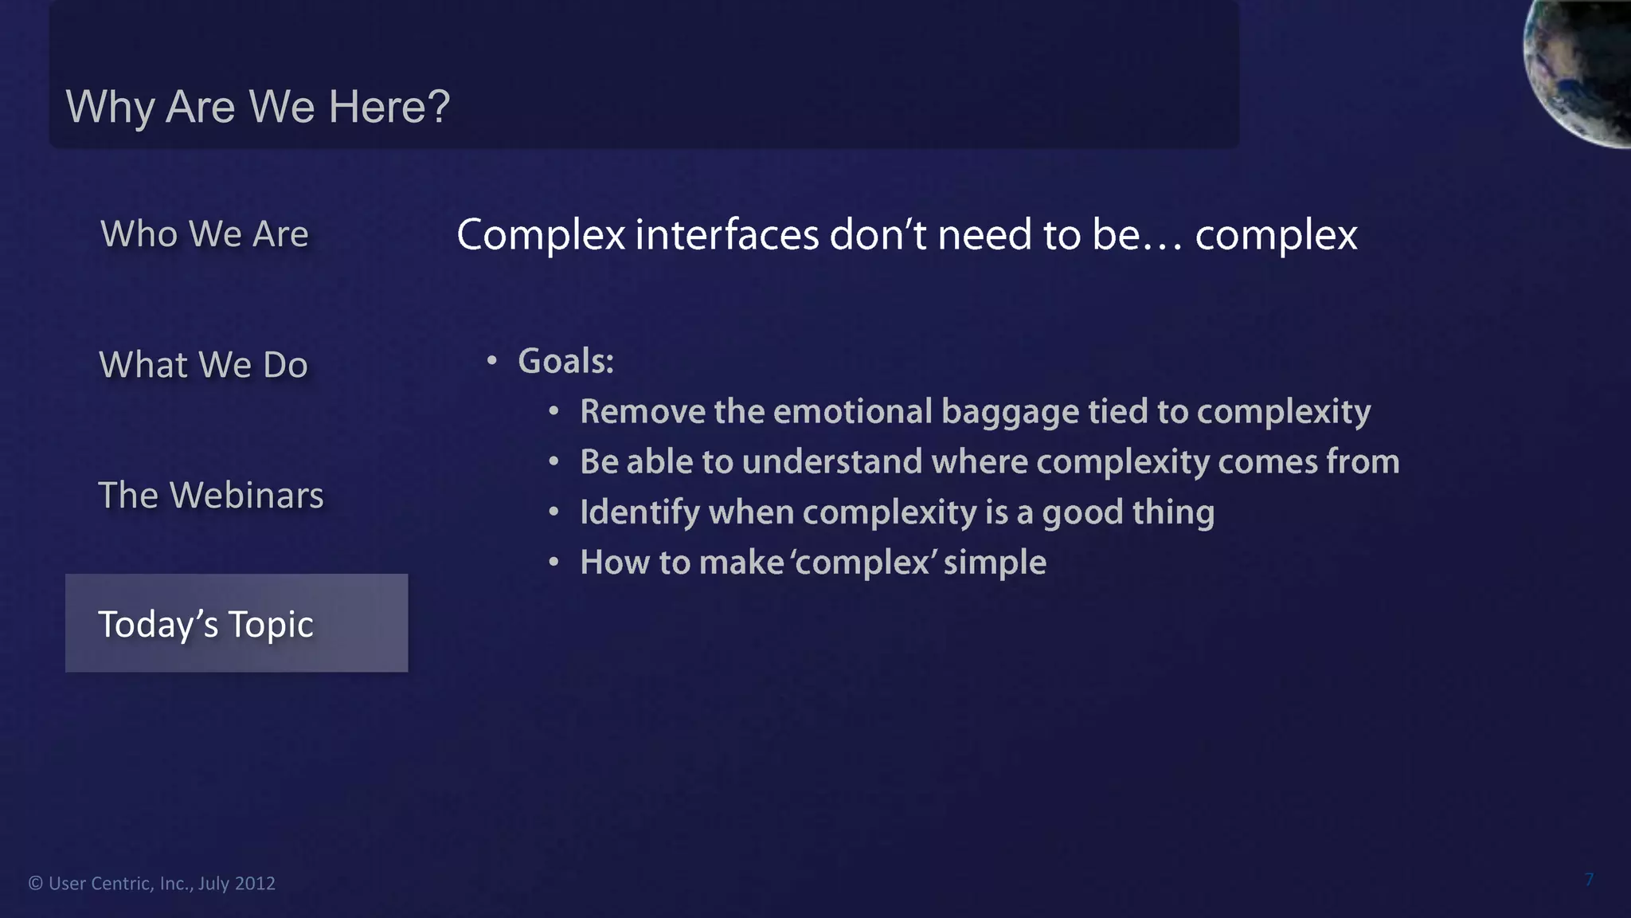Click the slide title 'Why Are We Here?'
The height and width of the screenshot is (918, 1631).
[258, 107]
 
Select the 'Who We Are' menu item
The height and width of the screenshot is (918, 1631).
[205, 234]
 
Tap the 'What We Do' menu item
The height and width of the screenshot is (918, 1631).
[203, 365]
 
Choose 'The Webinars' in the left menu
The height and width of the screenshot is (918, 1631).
[211, 496]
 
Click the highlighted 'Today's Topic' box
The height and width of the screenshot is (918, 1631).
[237, 623]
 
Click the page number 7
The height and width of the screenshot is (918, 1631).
[1589, 880]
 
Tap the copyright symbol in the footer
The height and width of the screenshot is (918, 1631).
[36, 884]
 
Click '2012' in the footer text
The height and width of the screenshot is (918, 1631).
[255, 884]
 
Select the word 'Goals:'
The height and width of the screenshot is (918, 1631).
[565, 362]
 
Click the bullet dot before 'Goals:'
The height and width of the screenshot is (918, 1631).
[492, 362]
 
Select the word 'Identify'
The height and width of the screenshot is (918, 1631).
[639, 513]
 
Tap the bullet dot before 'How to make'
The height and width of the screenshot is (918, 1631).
[553, 563]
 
